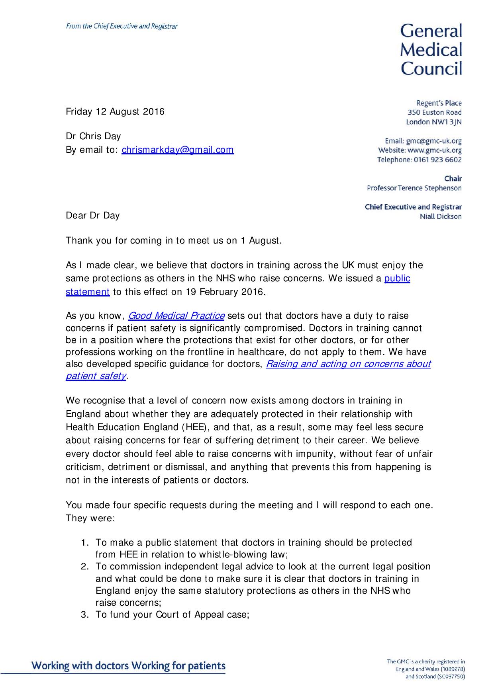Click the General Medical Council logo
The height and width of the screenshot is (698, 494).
click(x=431, y=50)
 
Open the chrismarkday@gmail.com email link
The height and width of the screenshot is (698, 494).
click(x=178, y=150)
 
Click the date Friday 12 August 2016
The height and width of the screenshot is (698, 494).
click(x=115, y=111)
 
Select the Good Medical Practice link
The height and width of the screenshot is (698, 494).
click(x=176, y=316)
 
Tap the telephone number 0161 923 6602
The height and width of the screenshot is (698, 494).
click(x=437, y=160)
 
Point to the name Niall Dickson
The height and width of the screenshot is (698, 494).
click(x=441, y=217)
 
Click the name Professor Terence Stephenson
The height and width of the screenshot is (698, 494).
click(x=414, y=188)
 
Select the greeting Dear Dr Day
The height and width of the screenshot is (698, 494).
click(x=92, y=216)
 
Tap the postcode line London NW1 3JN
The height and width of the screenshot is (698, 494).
click(x=433, y=122)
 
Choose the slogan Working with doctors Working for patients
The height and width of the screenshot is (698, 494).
click(x=128, y=666)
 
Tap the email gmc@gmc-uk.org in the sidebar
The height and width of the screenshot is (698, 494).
click(x=434, y=141)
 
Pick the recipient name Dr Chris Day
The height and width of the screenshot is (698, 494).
click(x=93, y=136)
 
